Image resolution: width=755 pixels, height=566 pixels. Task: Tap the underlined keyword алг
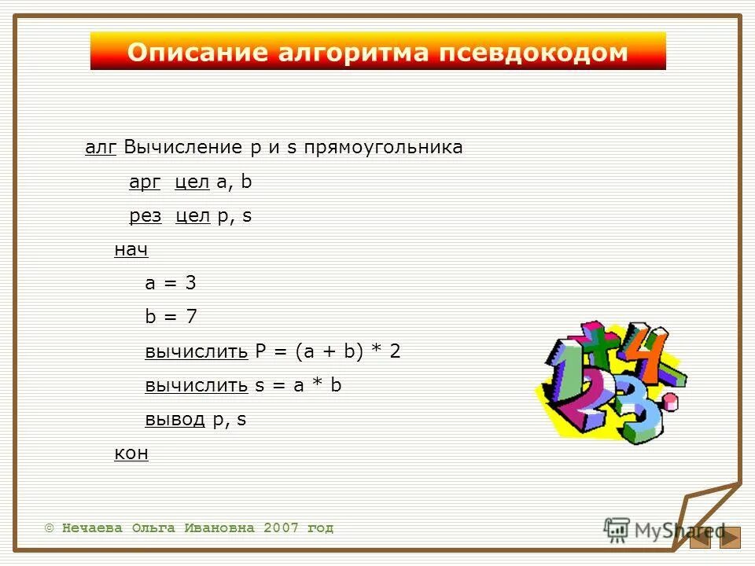coord(101,148)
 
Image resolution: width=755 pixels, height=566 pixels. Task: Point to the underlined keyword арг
coord(145,182)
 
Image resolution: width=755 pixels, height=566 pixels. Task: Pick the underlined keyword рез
coord(145,216)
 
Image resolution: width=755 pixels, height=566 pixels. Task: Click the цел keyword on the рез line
coord(193,216)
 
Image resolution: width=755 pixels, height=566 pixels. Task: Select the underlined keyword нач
coord(131,250)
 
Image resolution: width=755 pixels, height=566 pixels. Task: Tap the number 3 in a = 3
coord(190,284)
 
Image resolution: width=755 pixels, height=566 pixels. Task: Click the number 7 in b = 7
coord(191,318)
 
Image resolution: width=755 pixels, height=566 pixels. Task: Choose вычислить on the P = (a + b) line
coord(197,351)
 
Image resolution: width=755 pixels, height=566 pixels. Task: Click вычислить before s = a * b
coord(197,385)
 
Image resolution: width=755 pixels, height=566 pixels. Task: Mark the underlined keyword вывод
coord(175,419)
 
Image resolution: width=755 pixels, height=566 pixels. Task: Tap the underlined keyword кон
coord(131,454)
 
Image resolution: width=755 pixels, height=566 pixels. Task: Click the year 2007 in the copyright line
coord(282,528)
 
